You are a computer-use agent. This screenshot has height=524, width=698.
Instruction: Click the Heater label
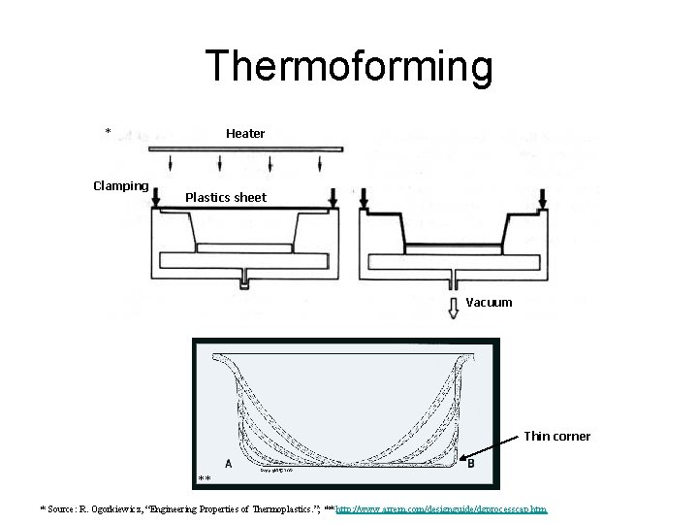[x=245, y=133]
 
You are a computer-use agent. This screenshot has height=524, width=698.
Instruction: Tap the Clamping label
[x=120, y=185]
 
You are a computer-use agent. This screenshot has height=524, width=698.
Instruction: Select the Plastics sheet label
[x=225, y=197]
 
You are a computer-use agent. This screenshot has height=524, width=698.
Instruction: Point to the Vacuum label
[x=489, y=302]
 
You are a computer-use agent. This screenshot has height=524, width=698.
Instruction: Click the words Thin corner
[x=556, y=436]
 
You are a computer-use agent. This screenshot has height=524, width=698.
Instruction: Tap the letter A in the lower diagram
[x=228, y=463]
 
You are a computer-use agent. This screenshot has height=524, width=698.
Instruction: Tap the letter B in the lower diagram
[x=470, y=463]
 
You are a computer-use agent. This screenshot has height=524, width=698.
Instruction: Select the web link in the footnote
[x=442, y=508]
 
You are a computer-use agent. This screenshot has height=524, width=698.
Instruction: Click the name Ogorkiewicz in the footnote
[x=115, y=508]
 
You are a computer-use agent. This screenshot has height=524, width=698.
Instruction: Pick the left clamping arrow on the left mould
[x=155, y=198]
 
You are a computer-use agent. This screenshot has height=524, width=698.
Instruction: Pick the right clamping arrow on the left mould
[x=333, y=197]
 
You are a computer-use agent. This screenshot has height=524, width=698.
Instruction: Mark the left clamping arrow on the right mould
[x=365, y=197]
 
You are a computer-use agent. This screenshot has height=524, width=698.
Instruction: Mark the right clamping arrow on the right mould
[x=543, y=197]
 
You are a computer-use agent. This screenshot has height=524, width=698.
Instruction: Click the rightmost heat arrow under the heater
[x=321, y=161]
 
